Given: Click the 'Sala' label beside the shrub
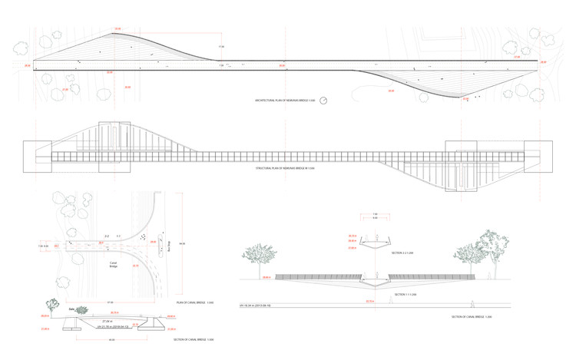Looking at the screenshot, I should (x=70, y=310).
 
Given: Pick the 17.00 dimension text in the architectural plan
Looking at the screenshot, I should (x=221, y=48).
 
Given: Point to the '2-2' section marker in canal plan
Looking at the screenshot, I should (x=107, y=236).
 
